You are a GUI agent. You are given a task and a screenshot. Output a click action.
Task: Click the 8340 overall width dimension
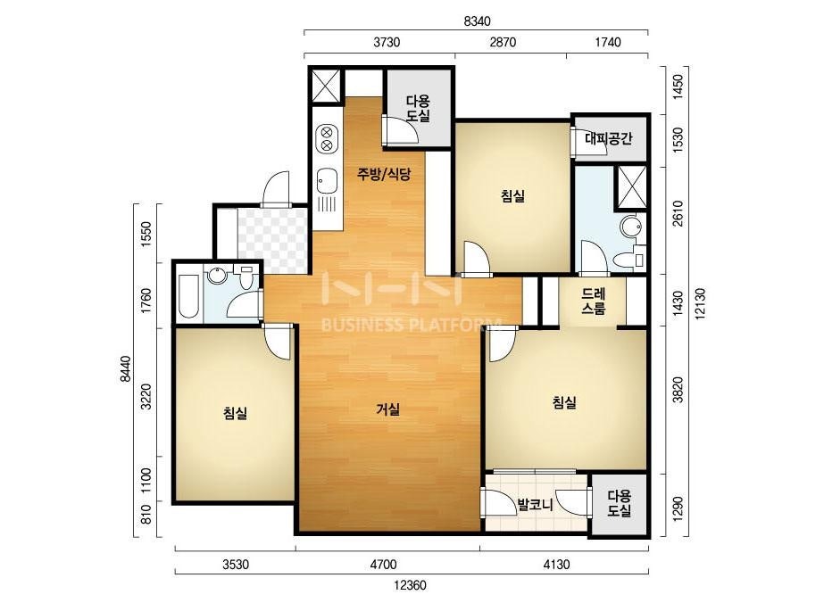click(x=477, y=21)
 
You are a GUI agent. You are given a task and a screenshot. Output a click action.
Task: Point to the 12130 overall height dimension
click(x=700, y=303)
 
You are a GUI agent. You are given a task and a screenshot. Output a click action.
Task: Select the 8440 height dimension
click(x=125, y=369)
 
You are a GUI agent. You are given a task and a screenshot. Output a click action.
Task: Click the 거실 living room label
click(x=388, y=409)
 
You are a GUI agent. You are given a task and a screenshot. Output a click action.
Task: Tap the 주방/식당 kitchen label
click(x=384, y=174)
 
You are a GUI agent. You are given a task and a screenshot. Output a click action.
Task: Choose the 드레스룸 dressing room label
click(x=594, y=301)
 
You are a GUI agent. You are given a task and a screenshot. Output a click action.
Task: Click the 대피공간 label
click(x=608, y=138)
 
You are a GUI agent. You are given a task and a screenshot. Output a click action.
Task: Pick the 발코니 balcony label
click(x=535, y=506)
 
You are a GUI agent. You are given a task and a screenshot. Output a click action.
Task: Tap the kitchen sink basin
click(x=327, y=181)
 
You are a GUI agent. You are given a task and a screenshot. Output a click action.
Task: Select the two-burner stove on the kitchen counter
click(x=327, y=137)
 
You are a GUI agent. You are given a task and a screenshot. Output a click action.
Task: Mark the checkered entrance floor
click(x=271, y=241)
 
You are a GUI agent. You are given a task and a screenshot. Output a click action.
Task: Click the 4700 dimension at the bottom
click(x=383, y=566)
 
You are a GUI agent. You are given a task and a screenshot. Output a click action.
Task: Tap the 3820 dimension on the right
click(x=678, y=389)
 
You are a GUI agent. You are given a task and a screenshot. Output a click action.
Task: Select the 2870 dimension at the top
click(x=503, y=42)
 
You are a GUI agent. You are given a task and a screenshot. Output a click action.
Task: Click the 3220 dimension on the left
click(x=146, y=397)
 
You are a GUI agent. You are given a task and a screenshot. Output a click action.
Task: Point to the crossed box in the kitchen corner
click(x=326, y=85)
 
